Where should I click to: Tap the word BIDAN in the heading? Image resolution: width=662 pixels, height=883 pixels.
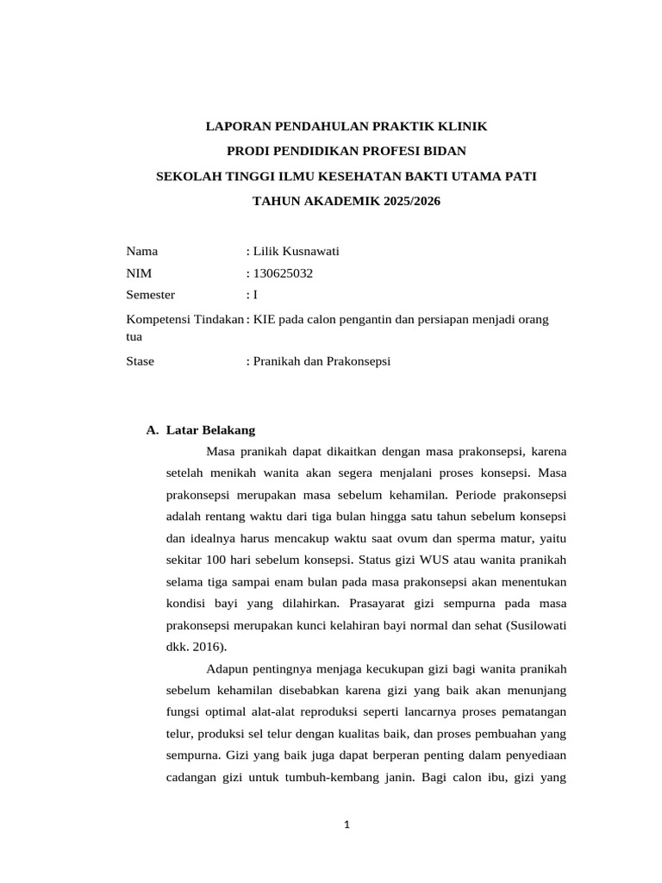(x=446, y=152)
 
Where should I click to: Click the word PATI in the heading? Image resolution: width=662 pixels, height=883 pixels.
(x=520, y=177)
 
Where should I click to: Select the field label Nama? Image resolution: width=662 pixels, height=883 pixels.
(x=142, y=252)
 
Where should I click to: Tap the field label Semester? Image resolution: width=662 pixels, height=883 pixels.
(x=151, y=294)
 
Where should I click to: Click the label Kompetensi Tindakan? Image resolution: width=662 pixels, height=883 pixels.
(x=184, y=319)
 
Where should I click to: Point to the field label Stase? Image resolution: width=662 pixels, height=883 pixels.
(x=141, y=361)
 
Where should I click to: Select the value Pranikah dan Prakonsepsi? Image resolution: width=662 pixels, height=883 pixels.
(x=322, y=361)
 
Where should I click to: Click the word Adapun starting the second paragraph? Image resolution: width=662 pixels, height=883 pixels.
(x=230, y=669)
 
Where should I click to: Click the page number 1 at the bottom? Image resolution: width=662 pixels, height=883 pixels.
(x=346, y=825)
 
